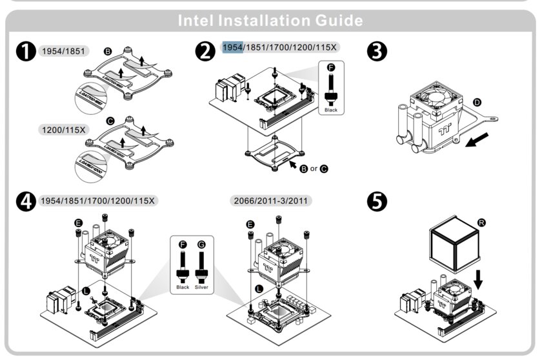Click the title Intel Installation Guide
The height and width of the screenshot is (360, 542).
click(270, 21)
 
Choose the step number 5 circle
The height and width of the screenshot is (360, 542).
click(377, 201)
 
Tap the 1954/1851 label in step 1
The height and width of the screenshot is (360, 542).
click(63, 50)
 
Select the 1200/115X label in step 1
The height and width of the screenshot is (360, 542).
click(63, 130)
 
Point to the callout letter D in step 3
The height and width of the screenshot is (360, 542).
click(477, 102)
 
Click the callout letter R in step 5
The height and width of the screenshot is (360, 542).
click(481, 223)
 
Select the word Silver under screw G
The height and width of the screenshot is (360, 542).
click(203, 287)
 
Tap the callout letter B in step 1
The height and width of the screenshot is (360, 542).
click(108, 50)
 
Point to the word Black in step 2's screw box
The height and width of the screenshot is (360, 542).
click(331, 110)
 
